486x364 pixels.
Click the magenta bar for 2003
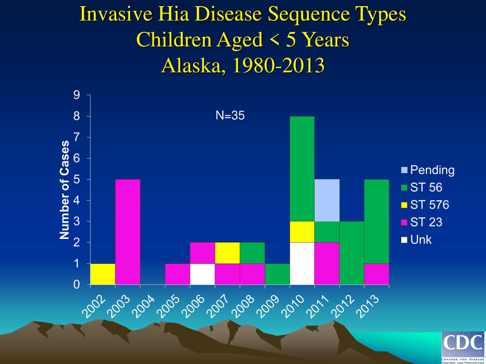[x=128, y=232]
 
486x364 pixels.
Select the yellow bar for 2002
[x=103, y=274]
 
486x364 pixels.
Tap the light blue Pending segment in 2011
[x=327, y=200]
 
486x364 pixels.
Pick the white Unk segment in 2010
[x=302, y=263]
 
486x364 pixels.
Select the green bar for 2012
[x=352, y=253]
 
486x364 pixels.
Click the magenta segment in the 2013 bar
[x=377, y=274]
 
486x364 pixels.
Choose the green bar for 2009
[x=277, y=274]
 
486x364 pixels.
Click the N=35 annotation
[x=230, y=116]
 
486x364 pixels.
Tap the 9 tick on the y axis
[x=77, y=95]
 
